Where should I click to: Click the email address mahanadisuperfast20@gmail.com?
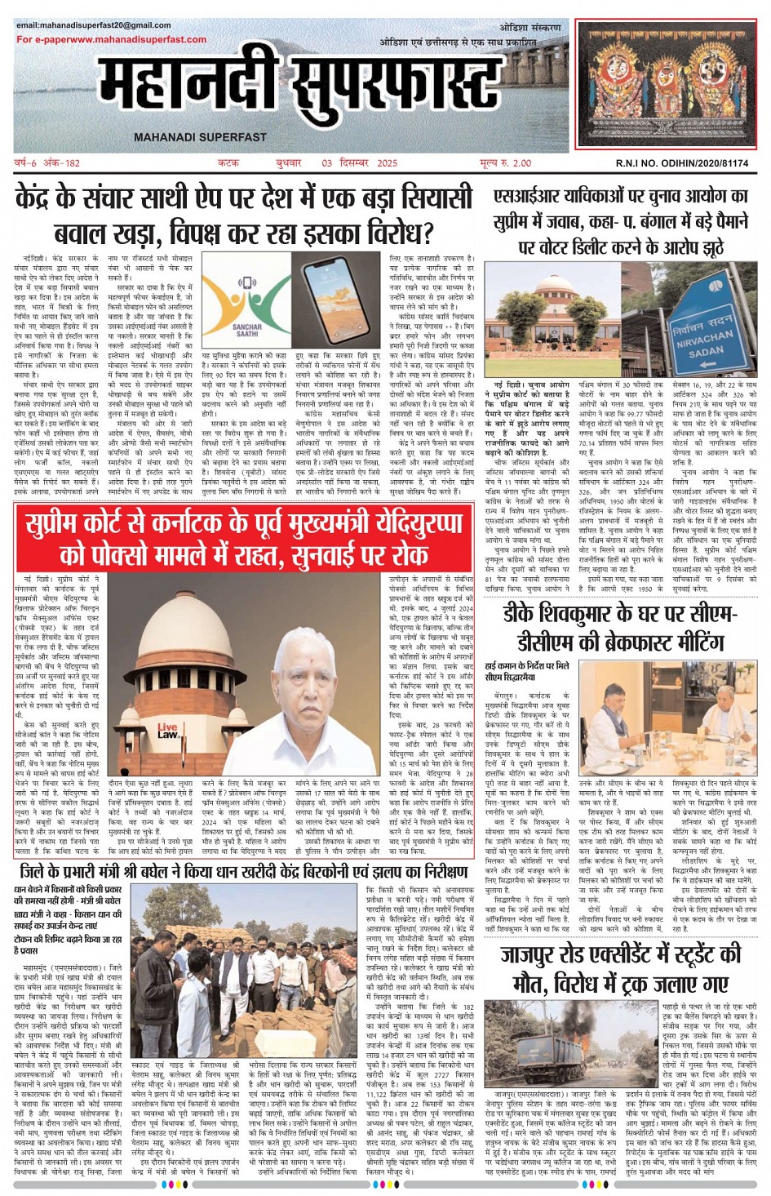point(94,26)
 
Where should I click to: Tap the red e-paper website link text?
point(112,39)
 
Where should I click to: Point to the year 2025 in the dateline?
point(387,163)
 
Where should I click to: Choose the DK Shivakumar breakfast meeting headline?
point(621,627)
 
